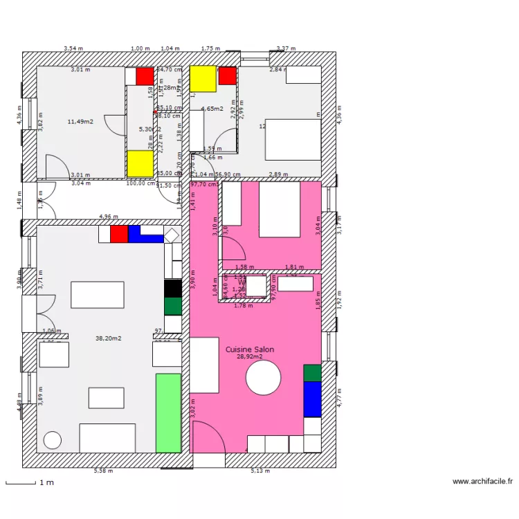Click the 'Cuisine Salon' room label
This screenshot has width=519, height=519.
click(x=249, y=349)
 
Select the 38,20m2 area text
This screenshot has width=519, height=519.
click(x=109, y=338)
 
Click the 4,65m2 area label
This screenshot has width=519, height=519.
click(x=212, y=109)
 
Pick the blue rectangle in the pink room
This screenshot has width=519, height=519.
click(x=313, y=399)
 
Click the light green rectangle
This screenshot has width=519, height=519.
click(x=168, y=413)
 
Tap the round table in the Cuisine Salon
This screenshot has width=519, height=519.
click(x=264, y=379)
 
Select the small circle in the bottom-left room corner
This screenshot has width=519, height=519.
click(x=52, y=440)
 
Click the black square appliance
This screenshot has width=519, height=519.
click(x=173, y=288)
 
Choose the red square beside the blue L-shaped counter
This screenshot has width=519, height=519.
click(x=119, y=234)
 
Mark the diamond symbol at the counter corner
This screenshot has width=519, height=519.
click(x=171, y=234)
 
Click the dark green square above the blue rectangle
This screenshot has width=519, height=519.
click(x=313, y=373)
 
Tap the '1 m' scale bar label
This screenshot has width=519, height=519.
click(x=46, y=482)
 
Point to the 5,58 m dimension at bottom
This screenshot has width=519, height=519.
click(x=103, y=471)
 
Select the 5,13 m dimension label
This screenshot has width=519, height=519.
click(x=259, y=471)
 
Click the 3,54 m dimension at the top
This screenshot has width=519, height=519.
click(x=73, y=48)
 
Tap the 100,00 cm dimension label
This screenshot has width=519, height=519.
click(x=140, y=183)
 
